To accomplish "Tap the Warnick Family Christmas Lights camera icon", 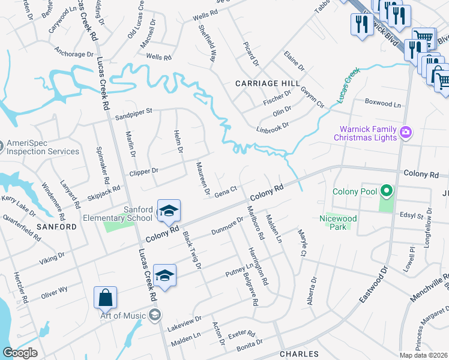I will click(406, 131).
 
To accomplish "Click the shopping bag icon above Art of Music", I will click(105, 298).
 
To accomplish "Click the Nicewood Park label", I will click(338, 223).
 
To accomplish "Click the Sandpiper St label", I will click(134, 111).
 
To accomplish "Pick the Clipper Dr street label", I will click(143, 170).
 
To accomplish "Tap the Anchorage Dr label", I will click(74, 54).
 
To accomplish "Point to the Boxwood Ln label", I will click(382, 103).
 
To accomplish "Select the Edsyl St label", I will click(412, 214).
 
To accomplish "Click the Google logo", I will click(20, 353).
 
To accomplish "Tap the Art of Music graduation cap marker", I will click(155, 316).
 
